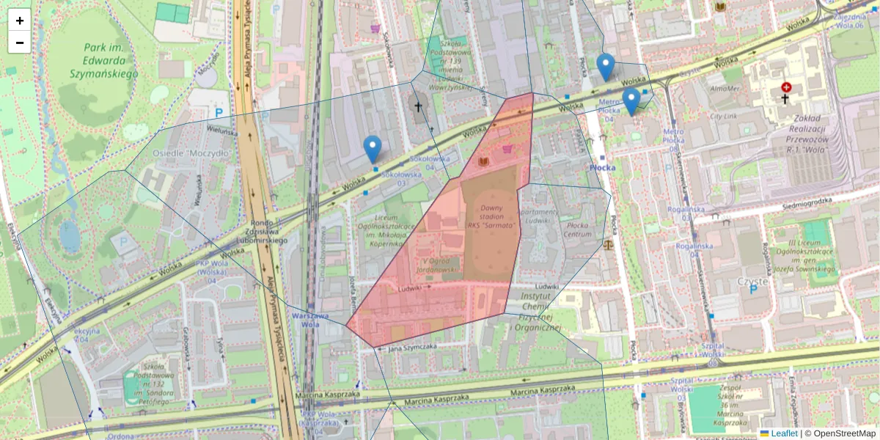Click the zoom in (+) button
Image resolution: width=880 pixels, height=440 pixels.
20,21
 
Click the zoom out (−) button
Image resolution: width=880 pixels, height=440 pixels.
20,43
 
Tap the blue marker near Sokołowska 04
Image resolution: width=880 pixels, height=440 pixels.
373,149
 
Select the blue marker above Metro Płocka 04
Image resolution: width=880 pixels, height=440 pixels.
631,101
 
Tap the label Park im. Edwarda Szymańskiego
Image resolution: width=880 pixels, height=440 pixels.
103,60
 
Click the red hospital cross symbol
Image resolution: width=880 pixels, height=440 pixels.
786,87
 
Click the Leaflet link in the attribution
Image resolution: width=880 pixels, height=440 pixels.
784,433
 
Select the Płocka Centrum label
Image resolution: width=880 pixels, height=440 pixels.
578,230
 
